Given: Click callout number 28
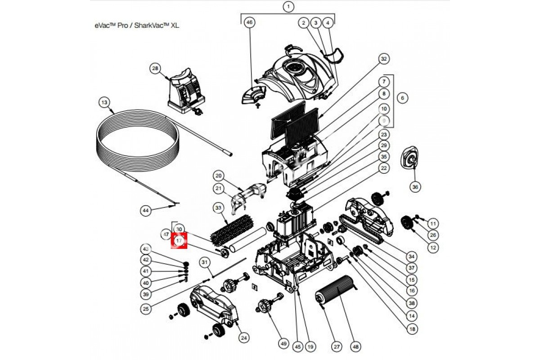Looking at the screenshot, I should point(155,68).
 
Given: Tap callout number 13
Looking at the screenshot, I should point(104,103).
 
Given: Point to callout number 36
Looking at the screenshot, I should point(415,186).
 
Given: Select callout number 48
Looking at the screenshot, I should point(356,347).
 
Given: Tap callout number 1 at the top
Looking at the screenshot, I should point(288,7).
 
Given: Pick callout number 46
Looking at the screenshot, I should point(249,22).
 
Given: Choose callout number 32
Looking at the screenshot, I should point(383,59).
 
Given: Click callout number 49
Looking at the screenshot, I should point(283,344).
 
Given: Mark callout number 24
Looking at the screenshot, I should point(244,337).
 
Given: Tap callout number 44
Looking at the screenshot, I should point(145,210).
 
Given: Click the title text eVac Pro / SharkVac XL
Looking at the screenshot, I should point(137,26).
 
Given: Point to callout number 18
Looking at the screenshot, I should point(411,329).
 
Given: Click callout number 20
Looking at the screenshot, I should point(219,175).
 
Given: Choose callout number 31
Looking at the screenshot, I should point(205,262).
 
